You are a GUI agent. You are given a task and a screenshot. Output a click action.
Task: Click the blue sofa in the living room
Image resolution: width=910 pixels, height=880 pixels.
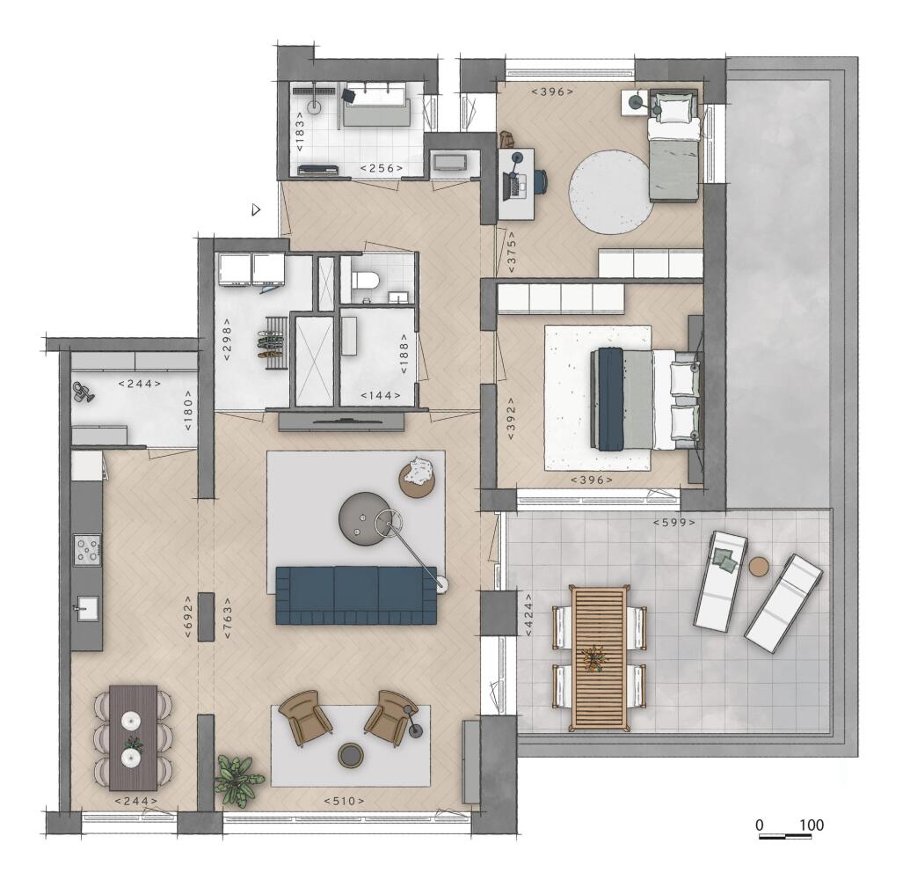[356, 596]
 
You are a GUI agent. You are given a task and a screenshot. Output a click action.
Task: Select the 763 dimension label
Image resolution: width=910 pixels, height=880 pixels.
[227, 619]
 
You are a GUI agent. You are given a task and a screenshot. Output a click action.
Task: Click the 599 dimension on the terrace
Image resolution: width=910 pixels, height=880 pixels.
[673, 522]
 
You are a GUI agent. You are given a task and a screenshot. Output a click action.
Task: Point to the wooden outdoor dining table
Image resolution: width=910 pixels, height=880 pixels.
[600, 658]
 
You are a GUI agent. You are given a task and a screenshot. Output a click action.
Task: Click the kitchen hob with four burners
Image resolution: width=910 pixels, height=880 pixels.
[87, 549]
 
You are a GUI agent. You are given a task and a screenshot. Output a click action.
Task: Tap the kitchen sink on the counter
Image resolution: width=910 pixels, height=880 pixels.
[86, 609]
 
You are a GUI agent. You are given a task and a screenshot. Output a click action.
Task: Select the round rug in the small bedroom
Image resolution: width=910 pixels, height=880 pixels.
[610, 192]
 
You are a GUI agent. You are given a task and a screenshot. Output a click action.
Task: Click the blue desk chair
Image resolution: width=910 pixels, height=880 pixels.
[540, 180]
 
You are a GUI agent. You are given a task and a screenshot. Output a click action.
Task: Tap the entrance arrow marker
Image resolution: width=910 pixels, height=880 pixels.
[256, 209]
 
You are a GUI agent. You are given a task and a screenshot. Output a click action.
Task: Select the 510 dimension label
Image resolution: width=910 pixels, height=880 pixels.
[344, 801]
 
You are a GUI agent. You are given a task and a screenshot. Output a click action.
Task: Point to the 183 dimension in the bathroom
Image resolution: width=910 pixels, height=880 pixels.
[300, 132]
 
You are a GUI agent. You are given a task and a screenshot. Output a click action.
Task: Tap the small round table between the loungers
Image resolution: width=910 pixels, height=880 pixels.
[759, 567]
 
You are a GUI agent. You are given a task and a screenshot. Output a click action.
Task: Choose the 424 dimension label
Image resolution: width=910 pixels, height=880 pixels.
[528, 615]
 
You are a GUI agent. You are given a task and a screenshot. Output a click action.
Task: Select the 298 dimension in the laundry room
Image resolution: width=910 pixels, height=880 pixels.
[227, 339]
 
